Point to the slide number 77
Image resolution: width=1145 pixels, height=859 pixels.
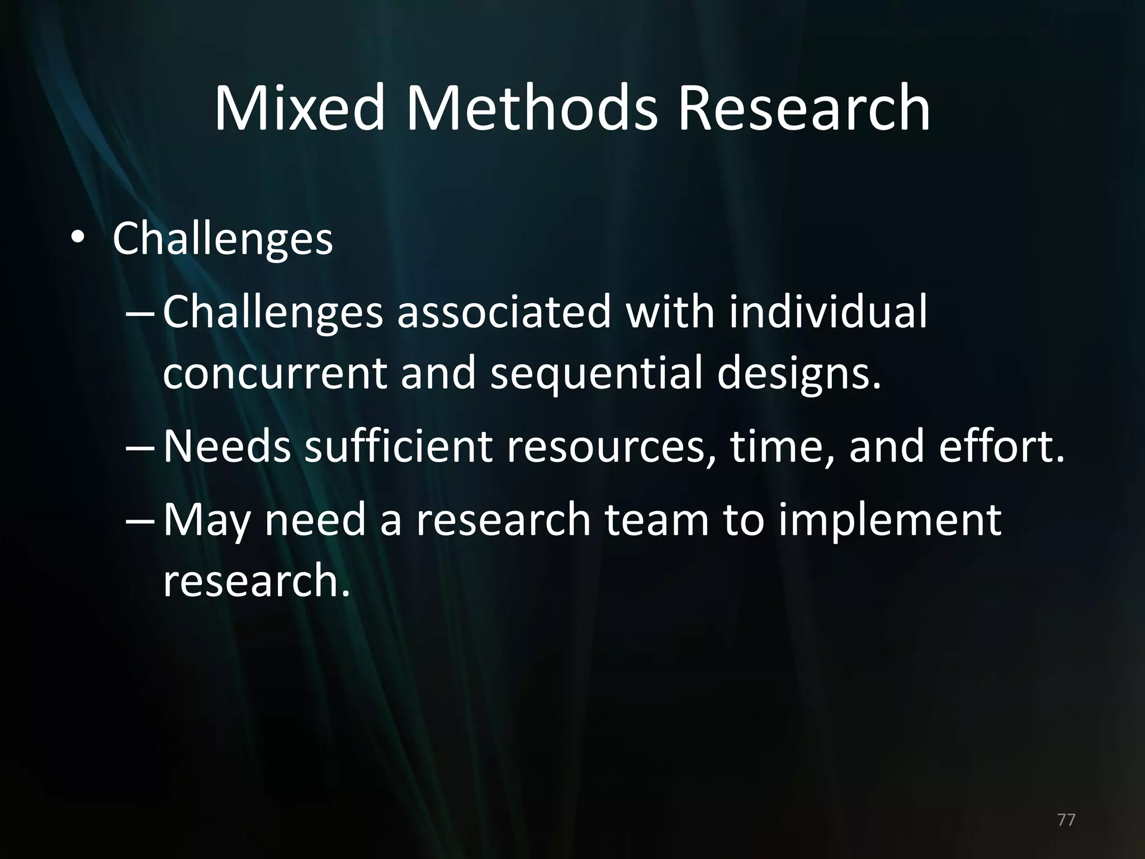click(x=1067, y=820)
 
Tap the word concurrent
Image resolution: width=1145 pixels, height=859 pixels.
click(x=275, y=374)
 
